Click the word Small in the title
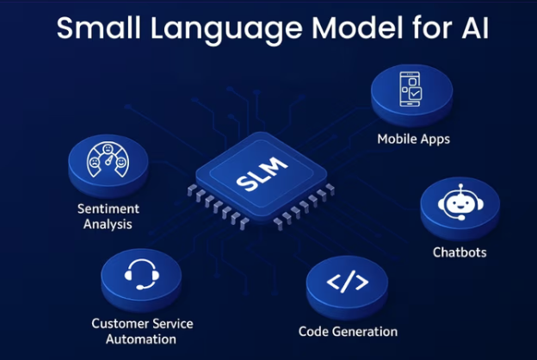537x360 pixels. coord(95,28)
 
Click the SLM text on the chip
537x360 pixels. coord(256,182)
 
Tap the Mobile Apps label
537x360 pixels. coord(413,138)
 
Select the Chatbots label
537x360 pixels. coord(459,252)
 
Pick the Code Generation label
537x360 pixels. coord(348,331)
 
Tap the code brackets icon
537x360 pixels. coord(348,282)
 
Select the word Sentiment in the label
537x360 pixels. coord(106,209)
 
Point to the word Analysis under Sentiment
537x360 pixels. coord(106,225)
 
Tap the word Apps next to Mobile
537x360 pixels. coord(435,138)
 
